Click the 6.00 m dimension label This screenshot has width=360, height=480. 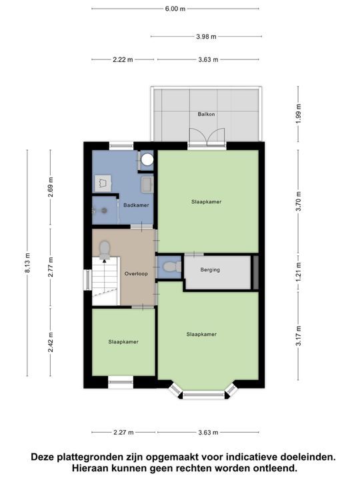[x=175, y=9]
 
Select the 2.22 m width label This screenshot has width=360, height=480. [x=123, y=59]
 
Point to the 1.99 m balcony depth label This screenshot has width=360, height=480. [x=299, y=113]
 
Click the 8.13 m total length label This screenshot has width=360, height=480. [x=27, y=263]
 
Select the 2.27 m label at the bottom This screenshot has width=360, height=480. [x=123, y=432]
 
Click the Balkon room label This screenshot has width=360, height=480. [x=205, y=114]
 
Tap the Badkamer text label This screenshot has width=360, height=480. [x=136, y=205]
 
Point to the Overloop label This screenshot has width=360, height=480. [x=136, y=274]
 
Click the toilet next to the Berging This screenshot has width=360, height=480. [x=171, y=267]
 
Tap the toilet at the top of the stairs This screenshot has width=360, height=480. [x=105, y=250]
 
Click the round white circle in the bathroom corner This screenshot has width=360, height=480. [x=147, y=160]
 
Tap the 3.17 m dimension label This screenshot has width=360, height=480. [x=299, y=334]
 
